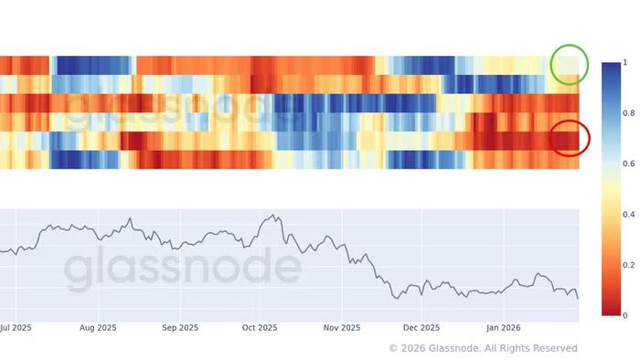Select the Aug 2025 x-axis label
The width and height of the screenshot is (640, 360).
pyautogui.click(x=98, y=326)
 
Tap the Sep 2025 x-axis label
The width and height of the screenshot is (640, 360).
pyautogui.click(x=180, y=326)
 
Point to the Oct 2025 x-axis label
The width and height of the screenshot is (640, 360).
pyautogui.click(x=260, y=326)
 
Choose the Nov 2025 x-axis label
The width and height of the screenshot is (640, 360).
pyautogui.click(x=342, y=326)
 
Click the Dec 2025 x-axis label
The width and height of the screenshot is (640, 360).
pyautogui.click(x=422, y=326)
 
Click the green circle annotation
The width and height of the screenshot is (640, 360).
pyautogui.click(x=570, y=65)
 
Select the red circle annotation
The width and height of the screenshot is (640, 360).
pyautogui.click(x=570, y=138)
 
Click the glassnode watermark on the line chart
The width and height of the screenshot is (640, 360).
pyautogui.click(x=183, y=266)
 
